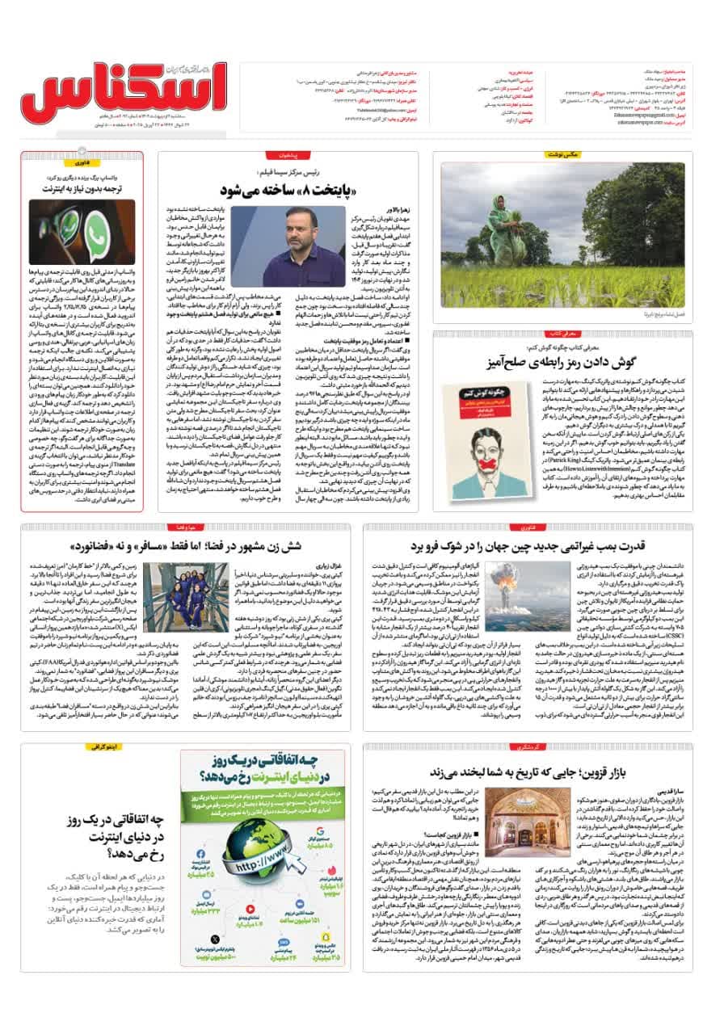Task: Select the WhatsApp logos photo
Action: [x=82, y=231]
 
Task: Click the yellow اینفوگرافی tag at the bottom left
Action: [x=104, y=747]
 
